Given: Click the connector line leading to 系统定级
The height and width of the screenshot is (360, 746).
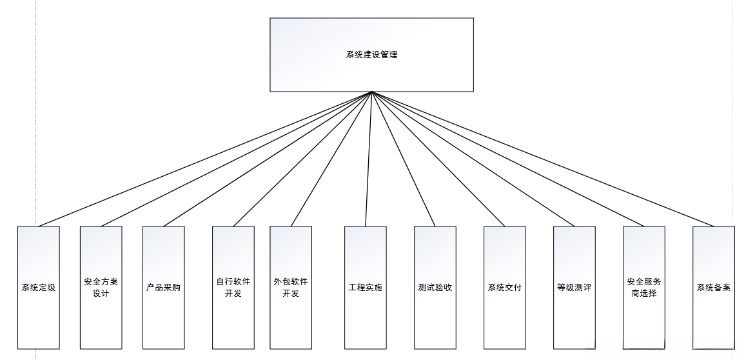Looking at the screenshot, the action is click(x=205, y=159).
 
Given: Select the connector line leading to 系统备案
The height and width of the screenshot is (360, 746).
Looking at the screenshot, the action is click(x=543, y=159).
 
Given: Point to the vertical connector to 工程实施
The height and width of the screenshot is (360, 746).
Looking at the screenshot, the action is click(x=369, y=159).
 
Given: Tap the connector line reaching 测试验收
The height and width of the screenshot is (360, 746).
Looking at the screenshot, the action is click(x=404, y=159).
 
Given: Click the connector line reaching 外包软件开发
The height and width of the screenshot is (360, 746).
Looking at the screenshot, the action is click(x=331, y=159).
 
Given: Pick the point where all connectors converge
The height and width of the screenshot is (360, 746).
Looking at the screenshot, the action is click(x=372, y=92).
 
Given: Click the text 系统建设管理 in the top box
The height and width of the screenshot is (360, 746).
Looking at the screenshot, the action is click(x=371, y=55).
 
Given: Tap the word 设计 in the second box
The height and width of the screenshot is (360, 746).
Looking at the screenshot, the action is click(x=101, y=294).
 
